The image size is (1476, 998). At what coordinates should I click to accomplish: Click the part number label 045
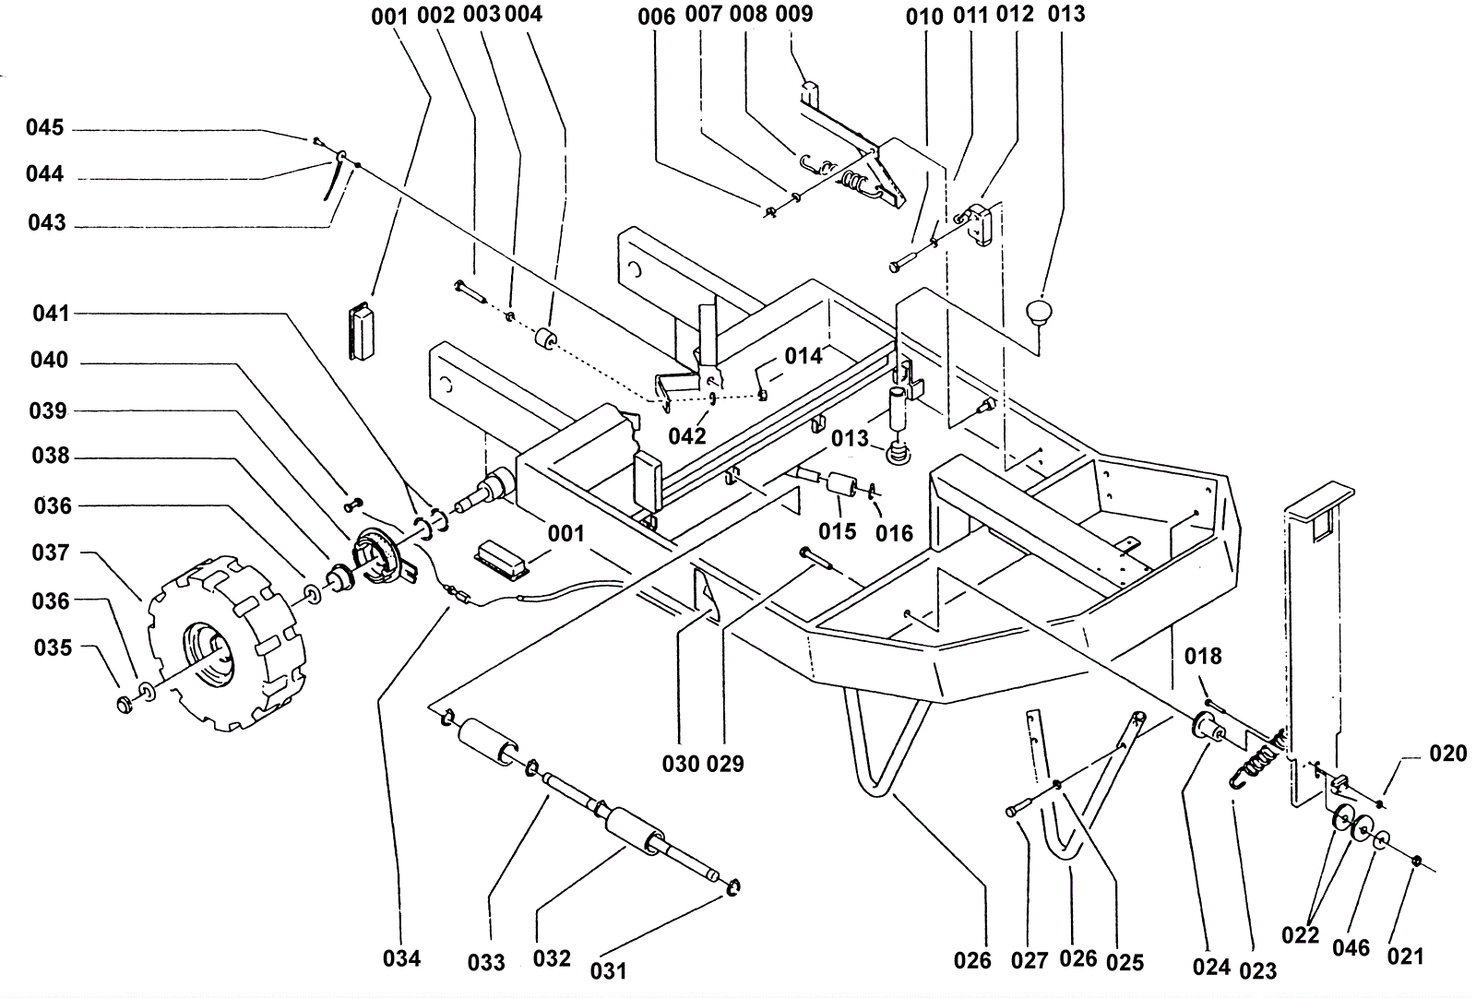tap(45, 127)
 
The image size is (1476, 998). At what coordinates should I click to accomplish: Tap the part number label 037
tap(51, 552)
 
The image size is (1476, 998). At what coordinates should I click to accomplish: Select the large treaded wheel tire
tap(227, 642)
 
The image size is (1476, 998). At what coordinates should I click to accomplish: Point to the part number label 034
tap(401, 958)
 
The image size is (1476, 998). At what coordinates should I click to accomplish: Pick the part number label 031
tap(608, 970)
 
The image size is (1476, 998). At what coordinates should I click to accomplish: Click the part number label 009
tap(794, 13)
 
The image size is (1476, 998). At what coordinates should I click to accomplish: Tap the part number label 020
tap(1447, 753)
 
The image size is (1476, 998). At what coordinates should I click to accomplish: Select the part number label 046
tap(1351, 948)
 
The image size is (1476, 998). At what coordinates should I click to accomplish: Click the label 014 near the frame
tap(803, 356)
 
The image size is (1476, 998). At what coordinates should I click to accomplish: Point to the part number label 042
tap(687, 435)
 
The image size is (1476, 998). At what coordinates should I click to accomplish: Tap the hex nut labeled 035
tap(124, 704)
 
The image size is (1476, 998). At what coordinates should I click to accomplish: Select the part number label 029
tap(725, 764)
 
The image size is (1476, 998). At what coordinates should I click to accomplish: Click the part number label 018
tap(1203, 656)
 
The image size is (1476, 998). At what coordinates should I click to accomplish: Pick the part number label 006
tap(656, 17)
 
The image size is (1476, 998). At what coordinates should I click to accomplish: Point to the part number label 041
tap(51, 313)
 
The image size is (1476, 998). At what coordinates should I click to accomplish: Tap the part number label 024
tap(1212, 967)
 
